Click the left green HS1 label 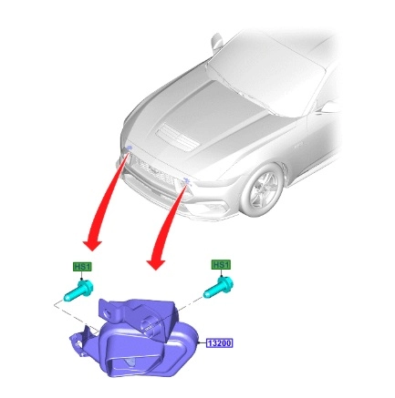[x=82, y=267]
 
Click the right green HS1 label [x=221, y=265]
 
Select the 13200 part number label [x=220, y=343]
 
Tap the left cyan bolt [x=78, y=290]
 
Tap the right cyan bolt [x=219, y=287]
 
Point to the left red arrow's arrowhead [x=92, y=243]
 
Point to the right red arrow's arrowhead [x=156, y=262]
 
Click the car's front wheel [x=262, y=189]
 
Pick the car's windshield [x=267, y=70]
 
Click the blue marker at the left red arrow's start [x=129, y=148]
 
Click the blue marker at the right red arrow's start [x=186, y=181]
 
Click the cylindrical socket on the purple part [x=150, y=324]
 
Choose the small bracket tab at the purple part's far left [x=79, y=340]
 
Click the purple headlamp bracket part [x=134, y=337]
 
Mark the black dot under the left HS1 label [x=81, y=279]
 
